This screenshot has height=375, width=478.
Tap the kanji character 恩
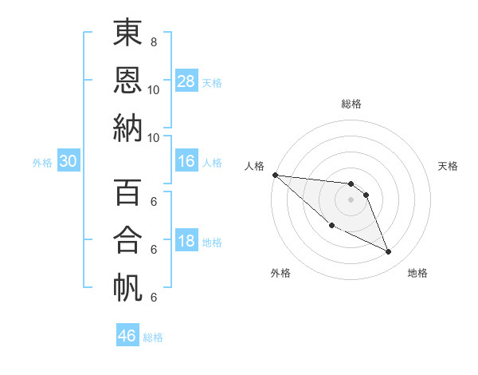[x=127, y=81]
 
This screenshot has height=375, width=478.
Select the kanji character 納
[x=127, y=128]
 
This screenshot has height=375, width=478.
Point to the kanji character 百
[x=127, y=195]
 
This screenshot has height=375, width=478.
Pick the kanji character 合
[x=127, y=242]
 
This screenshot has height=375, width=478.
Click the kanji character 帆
[x=127, y=288]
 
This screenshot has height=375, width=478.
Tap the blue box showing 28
[x=186, y=81]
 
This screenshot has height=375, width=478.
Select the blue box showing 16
[x=186, y=161]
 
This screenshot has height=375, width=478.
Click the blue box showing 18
[x=186, y=241]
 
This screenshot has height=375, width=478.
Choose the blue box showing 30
[x=68, y=161]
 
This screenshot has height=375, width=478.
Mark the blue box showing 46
[x=127, y=336]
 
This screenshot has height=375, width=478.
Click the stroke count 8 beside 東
[x=154, y=41]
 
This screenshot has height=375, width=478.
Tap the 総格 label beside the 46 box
[x=153, y=337]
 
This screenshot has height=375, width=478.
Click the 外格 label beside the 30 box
[x=42, y=163]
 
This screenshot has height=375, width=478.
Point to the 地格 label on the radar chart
[x=417, y=273]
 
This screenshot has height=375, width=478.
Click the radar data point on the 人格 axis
[x=275, y=174]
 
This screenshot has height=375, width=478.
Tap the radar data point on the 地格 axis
[x=389, y=252]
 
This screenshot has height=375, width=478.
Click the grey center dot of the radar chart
[x=351, y=199]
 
